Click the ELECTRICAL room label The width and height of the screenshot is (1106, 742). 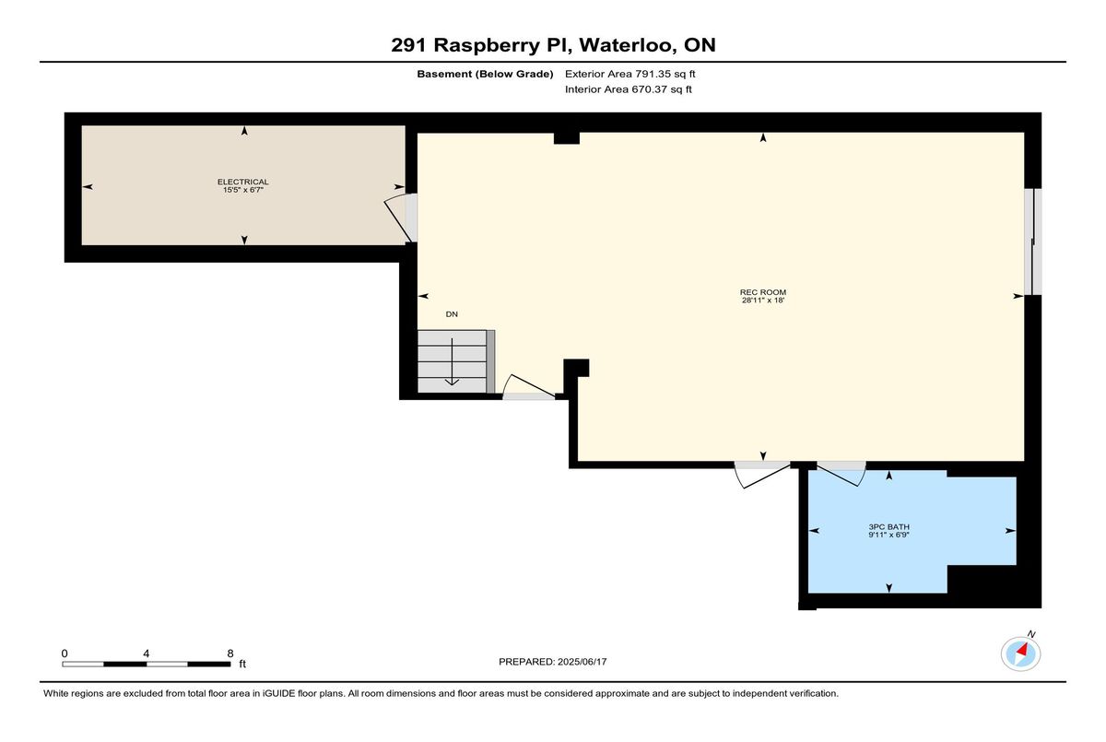pyautogui.click(x=243, y=182)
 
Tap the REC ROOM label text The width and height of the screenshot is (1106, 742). pyautogui.click(x=763, y=292)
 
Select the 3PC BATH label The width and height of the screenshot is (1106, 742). pyautogui.click(x=888, y=526)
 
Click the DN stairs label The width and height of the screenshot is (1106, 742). pyautogui.click(x=452, y=314)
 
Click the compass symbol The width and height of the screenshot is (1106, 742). pyautogui.click(x=1020, y=654)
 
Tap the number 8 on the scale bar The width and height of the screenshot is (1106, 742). pyautogui.click(x=230, y=654)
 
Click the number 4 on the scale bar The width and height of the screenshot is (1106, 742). pyautogui.click(x=147, y=654)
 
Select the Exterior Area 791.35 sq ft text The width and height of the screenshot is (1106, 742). pyautogui.click(x=630, y=74)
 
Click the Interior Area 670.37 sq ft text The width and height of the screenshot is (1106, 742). pyautogui.click(x=628, y=89)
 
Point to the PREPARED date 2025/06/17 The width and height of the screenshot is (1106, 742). pyautogui.click(x=582, y=662)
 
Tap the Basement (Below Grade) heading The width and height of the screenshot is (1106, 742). pyautogui.click(x=485, y=74)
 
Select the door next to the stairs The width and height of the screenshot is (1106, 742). pyautogui.click(x=529, y=386)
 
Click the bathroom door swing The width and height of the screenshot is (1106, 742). pyautogui.click(x=841, y=474)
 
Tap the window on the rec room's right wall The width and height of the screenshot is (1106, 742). pyautogui.click(x=1033, y=241)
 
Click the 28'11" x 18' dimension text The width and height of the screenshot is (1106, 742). pyautogui.click(x=763, y=300)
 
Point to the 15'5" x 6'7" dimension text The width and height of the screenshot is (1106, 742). pyautogui.click(x=243, y=190)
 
